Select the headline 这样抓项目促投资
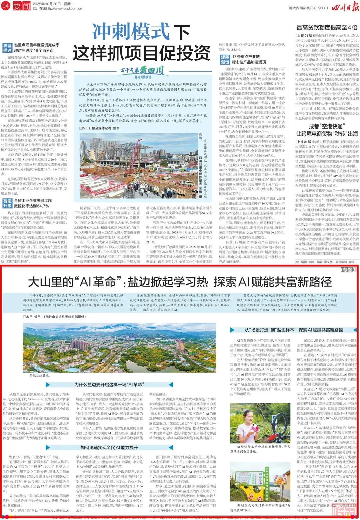point(142,52)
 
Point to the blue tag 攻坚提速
point(7,48)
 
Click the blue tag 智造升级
point(7,203)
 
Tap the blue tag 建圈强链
point(225,59)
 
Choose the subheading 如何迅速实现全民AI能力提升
point(109,447)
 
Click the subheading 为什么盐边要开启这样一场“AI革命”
point(109,385)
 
